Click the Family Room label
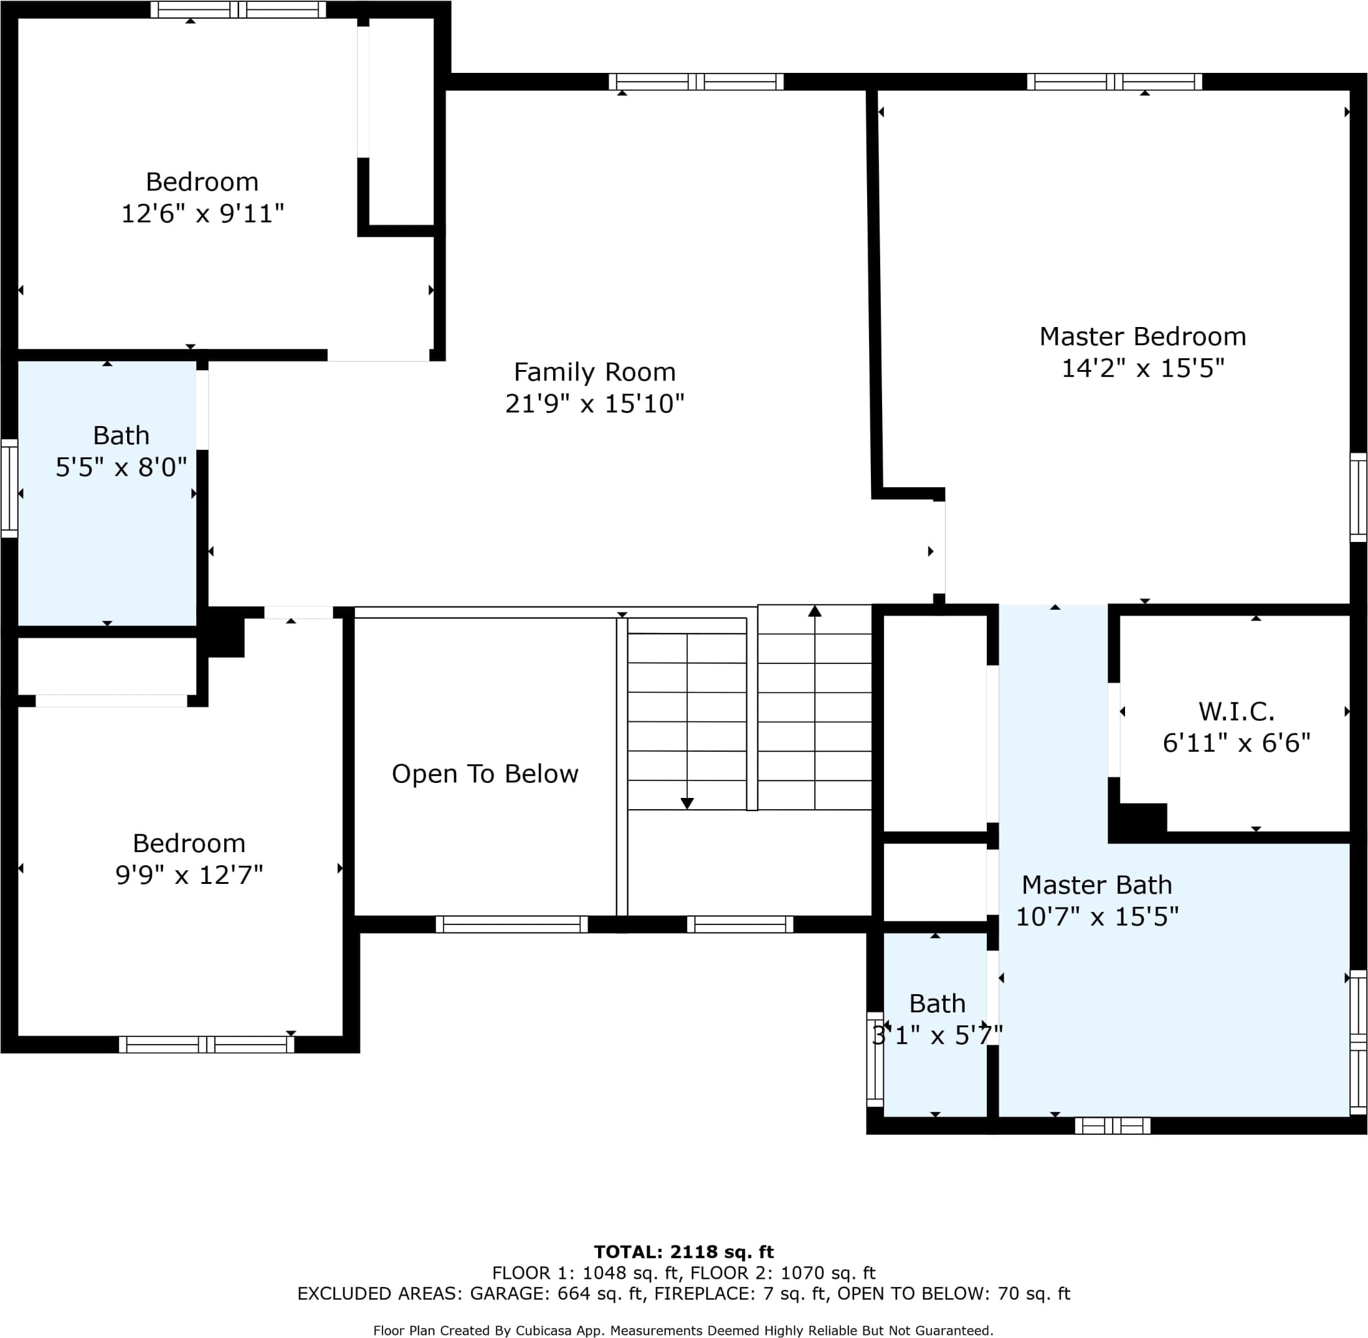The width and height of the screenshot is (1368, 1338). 594,372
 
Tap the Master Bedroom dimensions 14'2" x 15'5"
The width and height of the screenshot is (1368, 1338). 1142,368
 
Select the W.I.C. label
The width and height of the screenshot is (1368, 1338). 1236,712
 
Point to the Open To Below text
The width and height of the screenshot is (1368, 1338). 485,774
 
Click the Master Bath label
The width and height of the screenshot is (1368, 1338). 1096,885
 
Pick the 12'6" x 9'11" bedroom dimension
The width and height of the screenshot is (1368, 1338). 202,213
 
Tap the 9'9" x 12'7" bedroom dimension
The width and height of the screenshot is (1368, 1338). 189,875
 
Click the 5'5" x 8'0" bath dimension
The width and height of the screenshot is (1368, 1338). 121,467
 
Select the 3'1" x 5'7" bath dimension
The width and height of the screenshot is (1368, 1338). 936,1035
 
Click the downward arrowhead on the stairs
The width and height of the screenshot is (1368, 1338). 687,803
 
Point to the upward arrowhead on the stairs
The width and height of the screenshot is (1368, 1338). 814,611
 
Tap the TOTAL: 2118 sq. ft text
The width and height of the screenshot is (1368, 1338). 683,1251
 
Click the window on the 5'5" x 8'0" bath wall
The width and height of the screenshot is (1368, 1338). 9,488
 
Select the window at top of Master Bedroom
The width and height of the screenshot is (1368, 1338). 1114,82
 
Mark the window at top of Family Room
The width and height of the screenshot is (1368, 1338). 696,82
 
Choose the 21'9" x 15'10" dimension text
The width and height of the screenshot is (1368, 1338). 594,404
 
